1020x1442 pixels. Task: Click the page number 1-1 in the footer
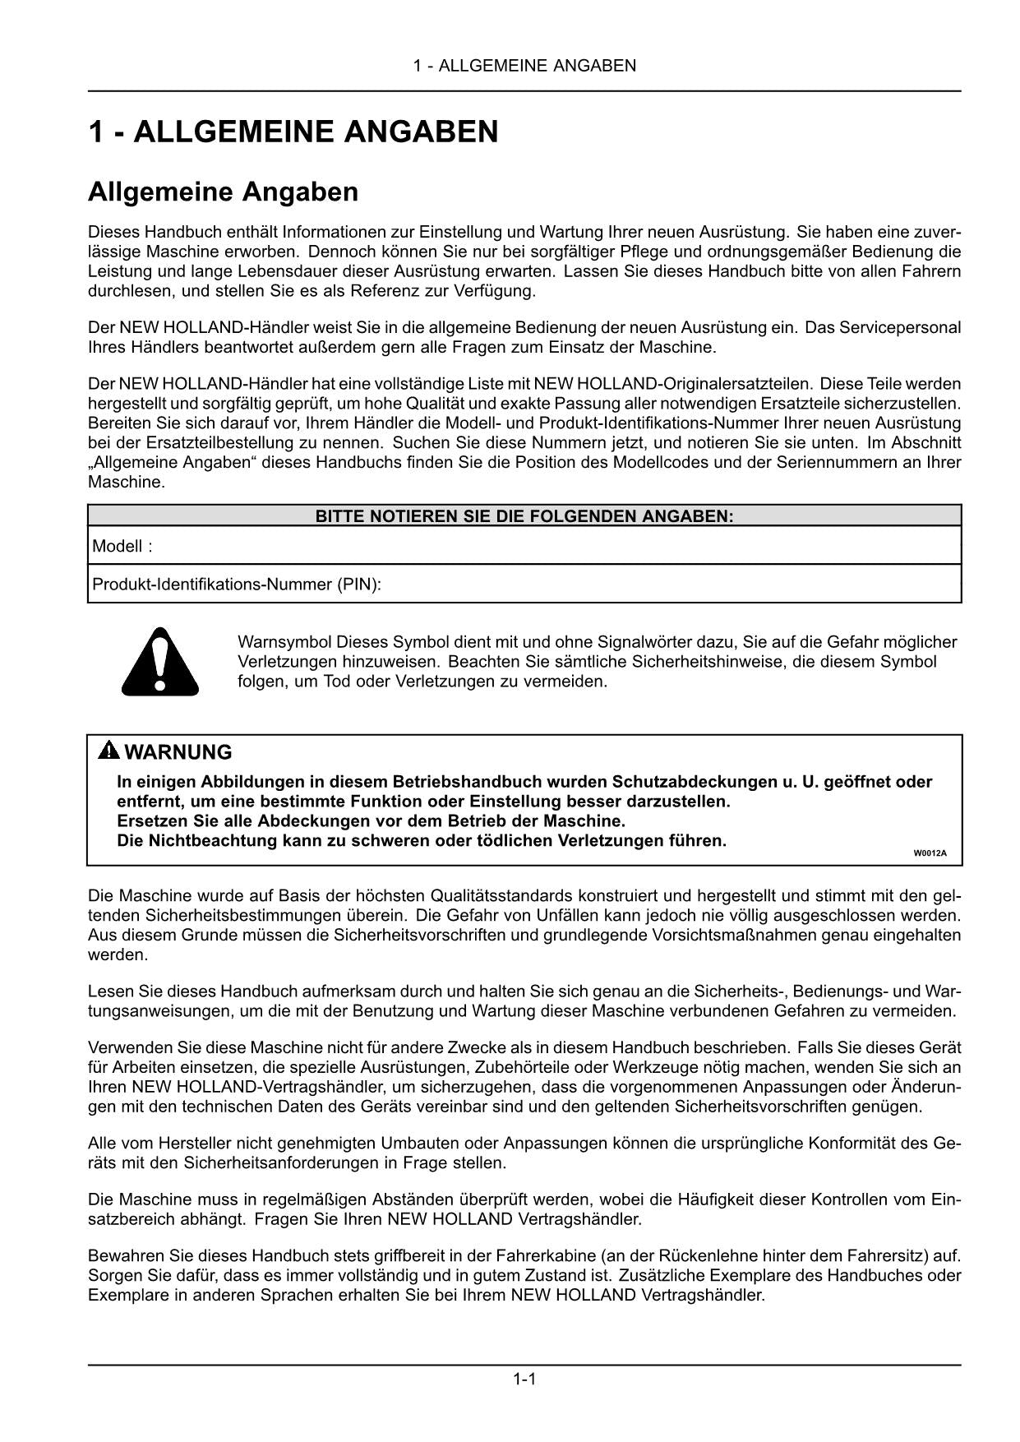pos(524,1379)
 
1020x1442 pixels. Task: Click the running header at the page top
pos(524,66)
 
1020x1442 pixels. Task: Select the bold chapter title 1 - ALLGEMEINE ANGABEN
pos(293,132)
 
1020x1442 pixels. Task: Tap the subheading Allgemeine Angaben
pos(223,192)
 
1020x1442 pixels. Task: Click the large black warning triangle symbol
pos(160,660)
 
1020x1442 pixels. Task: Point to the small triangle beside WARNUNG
pos(108,751)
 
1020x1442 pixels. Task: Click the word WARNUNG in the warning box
pos(178,752)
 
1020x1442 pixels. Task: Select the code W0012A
pos(930,853)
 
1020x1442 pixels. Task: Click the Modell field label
pos(122,546)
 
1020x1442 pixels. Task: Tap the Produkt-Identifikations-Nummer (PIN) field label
pos(237,585)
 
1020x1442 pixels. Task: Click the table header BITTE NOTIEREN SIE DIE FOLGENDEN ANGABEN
pos(524,516)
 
